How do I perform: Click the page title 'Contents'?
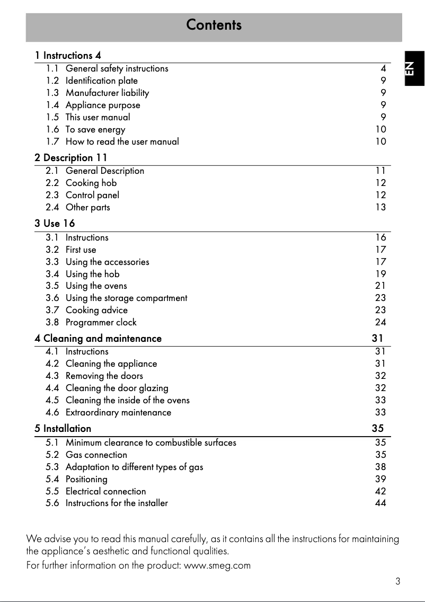tap(214, 25)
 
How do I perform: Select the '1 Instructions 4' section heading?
tap(68, 55)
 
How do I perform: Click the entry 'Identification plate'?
tap(101, 81)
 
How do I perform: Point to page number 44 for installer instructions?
tap(380, 503)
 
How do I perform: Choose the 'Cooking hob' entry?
tap(91, 183)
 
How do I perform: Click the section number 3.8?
tap(52, 322)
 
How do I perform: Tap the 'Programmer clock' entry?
tap(101, 322)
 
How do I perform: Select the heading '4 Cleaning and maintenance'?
tap(98, 338)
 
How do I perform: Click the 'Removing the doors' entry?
tap(104, 376)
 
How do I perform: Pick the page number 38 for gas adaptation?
tap(380, 467)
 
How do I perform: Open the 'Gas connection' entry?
tap(96, 455)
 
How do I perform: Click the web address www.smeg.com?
tap(217, 565)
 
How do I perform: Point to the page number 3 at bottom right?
tap(397, 581)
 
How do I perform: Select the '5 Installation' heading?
tap(63, 428)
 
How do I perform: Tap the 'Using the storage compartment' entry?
tap(126, 298)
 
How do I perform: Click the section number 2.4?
tap(52, 207)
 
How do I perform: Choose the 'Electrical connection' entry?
tap(105, 491)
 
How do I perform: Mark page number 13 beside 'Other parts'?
tap(380, 207)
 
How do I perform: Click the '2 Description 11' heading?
tap(71, 157)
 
